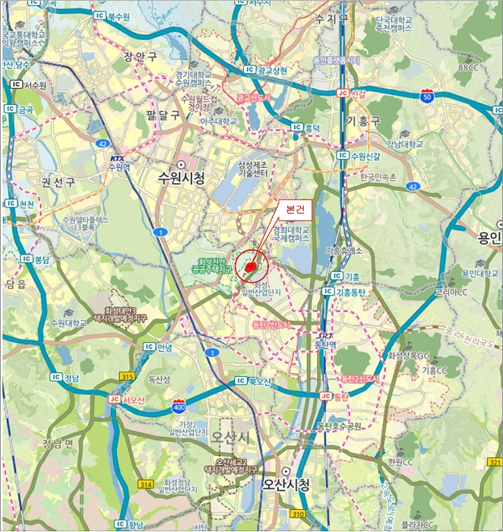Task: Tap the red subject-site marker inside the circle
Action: tap(251, 267)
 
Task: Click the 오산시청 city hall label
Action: tap(286, 483)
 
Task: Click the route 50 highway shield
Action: tap(427, 97)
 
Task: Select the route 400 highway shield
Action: tap(179, 407)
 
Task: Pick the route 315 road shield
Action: tap(127, 376)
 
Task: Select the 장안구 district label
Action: tap(141, 55)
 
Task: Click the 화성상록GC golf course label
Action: tap(409, 355)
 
